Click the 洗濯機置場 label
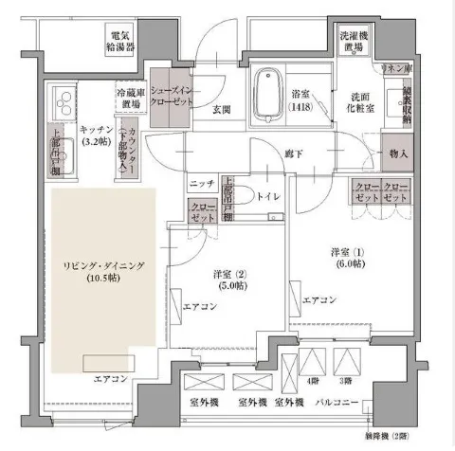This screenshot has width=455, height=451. point(355,45)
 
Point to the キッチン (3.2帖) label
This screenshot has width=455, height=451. point(97,135)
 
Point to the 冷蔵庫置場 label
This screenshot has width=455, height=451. point(130,99)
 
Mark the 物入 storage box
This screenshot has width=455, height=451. point(398,153)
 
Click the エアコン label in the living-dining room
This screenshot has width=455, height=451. point(112,380)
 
